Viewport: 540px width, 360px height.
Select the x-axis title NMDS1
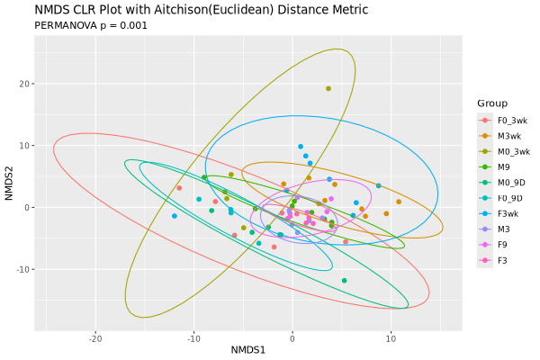tap(247, 349)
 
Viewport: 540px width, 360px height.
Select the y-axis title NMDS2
tap(9, 184)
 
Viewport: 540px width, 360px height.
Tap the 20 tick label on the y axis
tap(25, 84)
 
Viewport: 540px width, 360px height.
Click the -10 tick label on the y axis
tap(23, 269)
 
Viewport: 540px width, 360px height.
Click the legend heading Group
tap(492, 103)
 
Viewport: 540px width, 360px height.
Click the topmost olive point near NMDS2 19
tap(328, 88)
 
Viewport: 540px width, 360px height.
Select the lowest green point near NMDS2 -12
tap(344, 281)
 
